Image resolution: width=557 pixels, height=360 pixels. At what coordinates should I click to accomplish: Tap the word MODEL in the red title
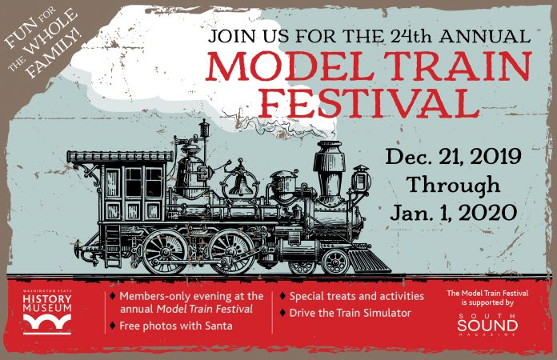pos(290,66)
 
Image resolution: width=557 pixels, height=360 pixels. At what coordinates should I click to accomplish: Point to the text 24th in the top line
pos(412,36)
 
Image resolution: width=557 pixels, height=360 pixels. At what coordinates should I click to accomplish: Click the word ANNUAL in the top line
pos(485,36)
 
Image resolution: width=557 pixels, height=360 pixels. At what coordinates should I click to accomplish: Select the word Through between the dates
pos(453,185)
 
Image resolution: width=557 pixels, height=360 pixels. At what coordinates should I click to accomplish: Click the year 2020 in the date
pos(487,213)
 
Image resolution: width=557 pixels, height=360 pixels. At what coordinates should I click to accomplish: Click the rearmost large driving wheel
pos(165,252)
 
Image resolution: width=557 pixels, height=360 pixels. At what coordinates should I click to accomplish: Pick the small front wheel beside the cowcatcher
pos(335,262)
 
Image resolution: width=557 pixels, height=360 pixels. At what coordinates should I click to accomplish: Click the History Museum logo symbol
pos(47,324)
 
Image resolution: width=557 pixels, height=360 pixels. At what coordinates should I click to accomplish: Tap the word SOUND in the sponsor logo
pos(487,326)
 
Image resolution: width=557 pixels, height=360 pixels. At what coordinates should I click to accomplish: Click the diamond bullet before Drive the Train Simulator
pos(283,313)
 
